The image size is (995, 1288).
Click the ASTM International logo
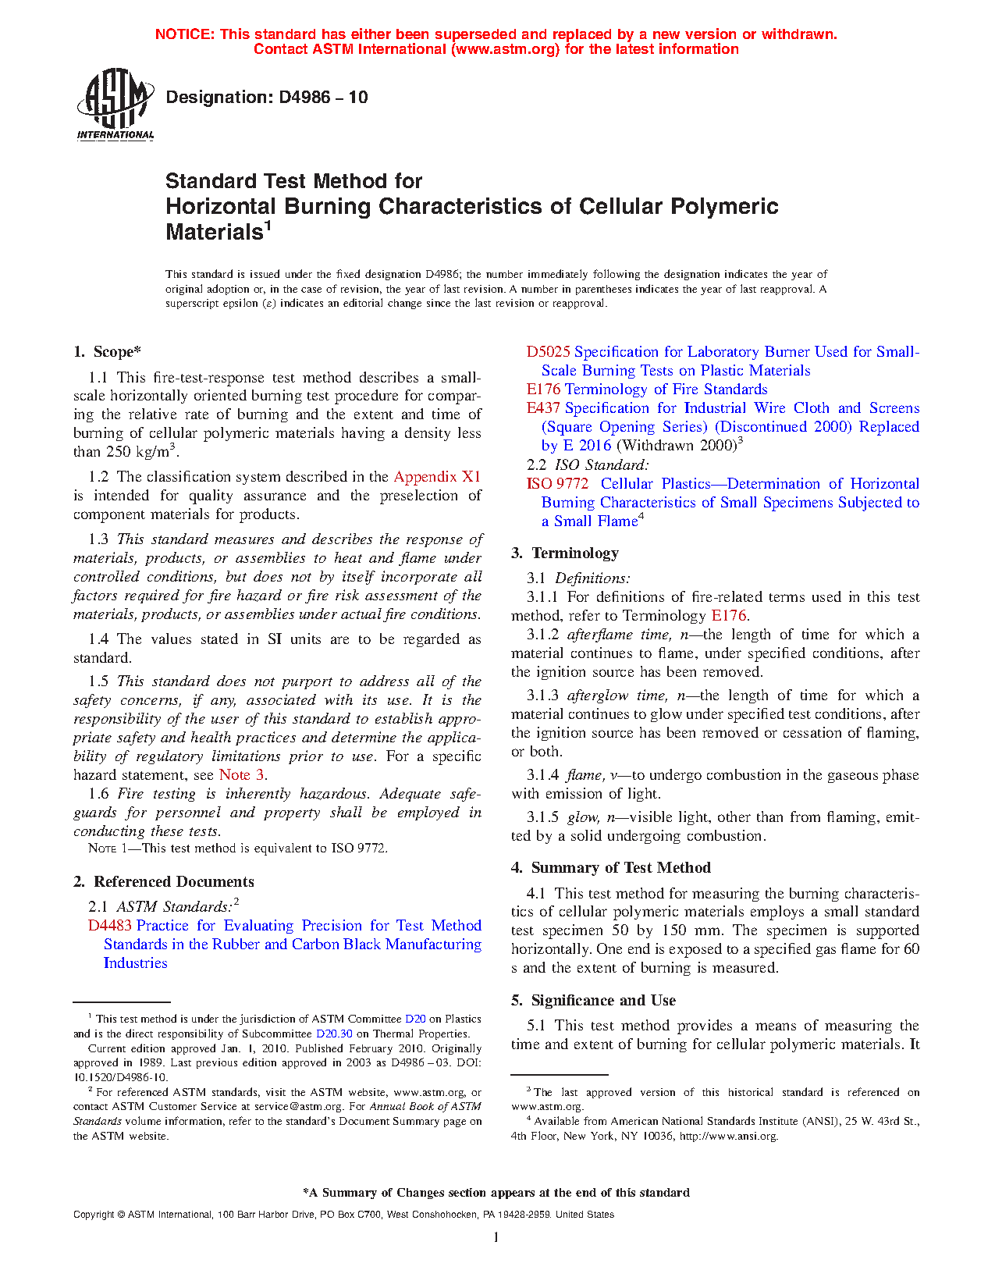pos(115,104)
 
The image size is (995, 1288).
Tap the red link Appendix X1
pos(437,477)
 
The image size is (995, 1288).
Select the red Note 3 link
pos(241,775)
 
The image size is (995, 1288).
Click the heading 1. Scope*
pos(108,352)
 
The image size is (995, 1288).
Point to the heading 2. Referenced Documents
pos(163,882)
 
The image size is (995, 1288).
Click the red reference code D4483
pos(110,926)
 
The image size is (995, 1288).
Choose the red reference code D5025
pos(548,352)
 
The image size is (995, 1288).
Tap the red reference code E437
pos(543,408)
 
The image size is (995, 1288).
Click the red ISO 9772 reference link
pos(557,484)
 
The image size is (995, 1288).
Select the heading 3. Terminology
pos(565,553)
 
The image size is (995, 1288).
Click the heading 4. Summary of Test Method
pos(610,868)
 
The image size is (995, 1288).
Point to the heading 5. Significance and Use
pos(593,1001)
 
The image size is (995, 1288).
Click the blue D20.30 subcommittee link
pos(334,1034)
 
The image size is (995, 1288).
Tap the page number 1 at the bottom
pos(496,1237)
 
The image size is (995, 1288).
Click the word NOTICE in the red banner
pos(184,34)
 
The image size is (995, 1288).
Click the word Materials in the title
pos(213,233)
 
